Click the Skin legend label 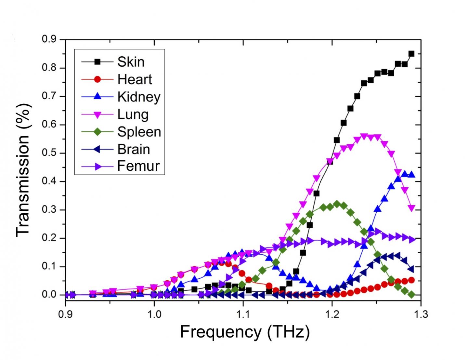pos(131,62)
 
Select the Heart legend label pos(135,79)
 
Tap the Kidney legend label pos(139,97)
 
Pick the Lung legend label pos(133,114)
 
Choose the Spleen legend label pos(139,132)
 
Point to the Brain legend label pos(134,149)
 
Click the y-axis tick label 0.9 pos(49,40)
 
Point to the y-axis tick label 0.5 pos(49,153)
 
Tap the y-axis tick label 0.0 pos(49,295)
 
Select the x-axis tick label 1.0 pos(154,314)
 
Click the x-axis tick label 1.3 pos(421,314)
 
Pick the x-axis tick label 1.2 pos(332,314)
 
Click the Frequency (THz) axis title pos(245,332)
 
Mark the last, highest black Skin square pos(411,54)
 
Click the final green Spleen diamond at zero pos(412,295)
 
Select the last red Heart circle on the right pos(411,280)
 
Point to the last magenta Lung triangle pos(412,208)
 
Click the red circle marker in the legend pos(97,79)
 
